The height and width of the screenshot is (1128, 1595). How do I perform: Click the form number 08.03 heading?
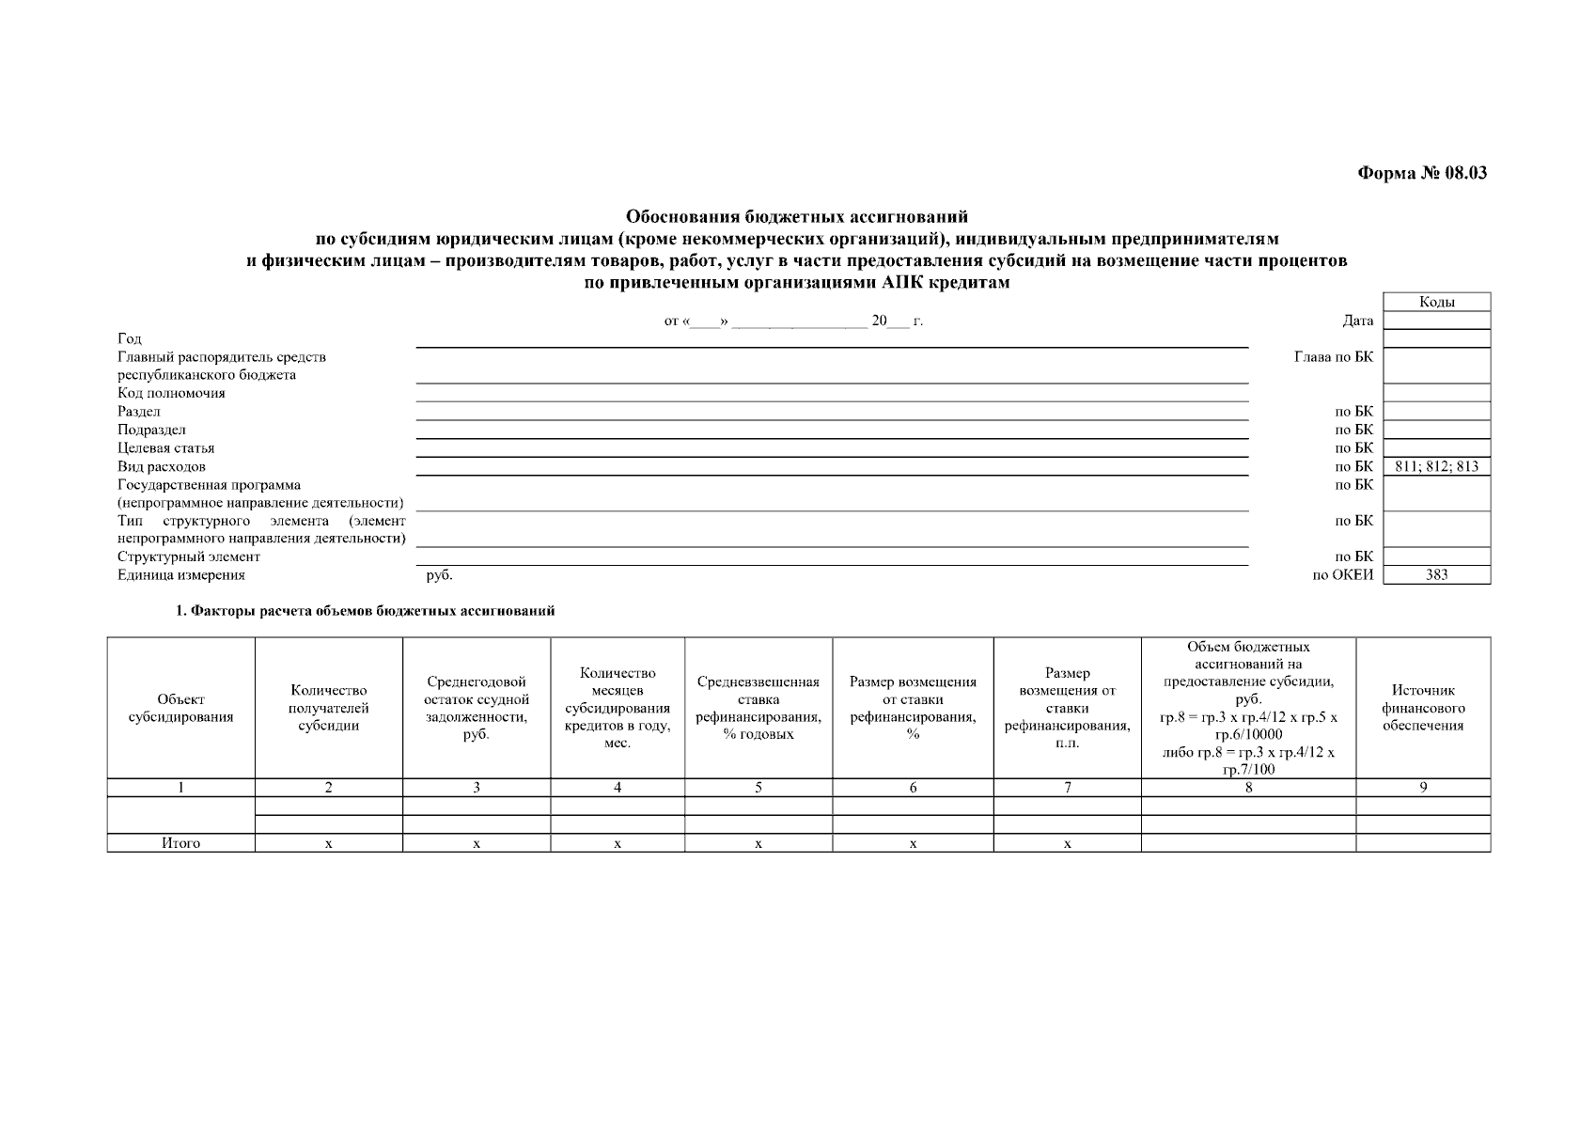[1422, 173]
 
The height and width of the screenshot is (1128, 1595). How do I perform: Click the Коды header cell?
[1436, 302]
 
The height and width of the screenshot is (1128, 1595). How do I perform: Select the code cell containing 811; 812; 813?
[1436, 466]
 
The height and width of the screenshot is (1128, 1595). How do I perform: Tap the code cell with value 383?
[1436, 575]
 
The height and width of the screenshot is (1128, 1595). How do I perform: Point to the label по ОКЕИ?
[1342, 575]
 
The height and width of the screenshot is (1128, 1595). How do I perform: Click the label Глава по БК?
[1333, 357]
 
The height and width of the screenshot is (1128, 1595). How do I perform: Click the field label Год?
[130, 338]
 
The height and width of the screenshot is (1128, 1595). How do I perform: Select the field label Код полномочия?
[171, 393]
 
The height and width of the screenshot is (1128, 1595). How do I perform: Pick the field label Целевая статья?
[165, 448]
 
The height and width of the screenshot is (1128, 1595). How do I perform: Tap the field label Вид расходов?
[161, 466]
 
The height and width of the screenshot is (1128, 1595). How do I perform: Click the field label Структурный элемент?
[188, 556]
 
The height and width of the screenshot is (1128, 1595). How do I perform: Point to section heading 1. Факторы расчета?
[366, 611]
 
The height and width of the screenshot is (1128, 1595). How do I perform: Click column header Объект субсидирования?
[180, 708]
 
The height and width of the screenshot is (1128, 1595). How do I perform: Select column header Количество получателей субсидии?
[329, 708]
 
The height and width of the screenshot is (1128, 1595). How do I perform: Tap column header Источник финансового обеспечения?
[1422, 708]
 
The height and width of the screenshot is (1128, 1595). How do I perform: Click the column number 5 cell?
[758, 788]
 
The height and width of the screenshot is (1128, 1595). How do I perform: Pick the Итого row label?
[180, 843]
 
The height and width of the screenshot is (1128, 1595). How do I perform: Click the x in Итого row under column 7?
[1067, 843]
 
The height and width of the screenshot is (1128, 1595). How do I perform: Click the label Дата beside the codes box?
[1357, 321]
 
